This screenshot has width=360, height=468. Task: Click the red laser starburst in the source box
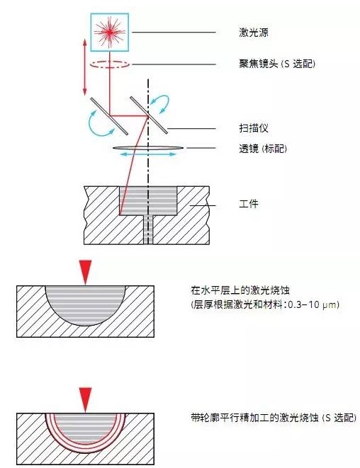110,32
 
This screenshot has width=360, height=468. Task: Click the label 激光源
254,33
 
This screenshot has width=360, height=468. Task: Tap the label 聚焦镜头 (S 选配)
277,64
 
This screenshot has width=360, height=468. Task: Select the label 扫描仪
254,128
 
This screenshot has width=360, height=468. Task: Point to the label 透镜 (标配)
263,149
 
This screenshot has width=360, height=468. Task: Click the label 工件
249,204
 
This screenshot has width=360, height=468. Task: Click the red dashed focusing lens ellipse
110,64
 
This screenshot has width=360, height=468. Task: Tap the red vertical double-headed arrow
85,67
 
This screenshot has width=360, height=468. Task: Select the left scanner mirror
109,116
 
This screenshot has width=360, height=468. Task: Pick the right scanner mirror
149,115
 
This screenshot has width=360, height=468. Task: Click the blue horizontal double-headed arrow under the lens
147,154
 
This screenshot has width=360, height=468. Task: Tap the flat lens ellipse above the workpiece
148,148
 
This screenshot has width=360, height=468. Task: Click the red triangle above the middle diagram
86,272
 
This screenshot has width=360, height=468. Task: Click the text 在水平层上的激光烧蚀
240,290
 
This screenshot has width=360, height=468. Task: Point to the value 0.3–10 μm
312,304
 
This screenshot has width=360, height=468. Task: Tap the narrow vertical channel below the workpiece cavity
148,230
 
